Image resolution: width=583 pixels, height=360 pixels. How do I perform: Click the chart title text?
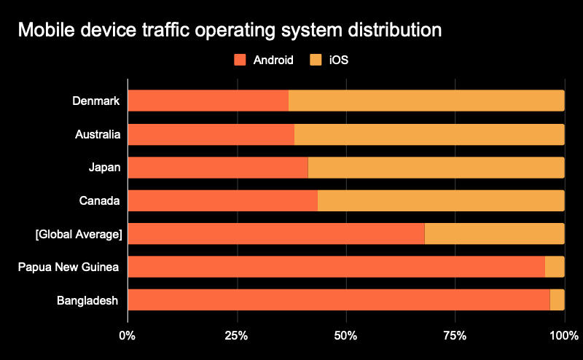click(x=229, y=31)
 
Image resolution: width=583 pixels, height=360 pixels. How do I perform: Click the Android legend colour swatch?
click(x=240, y=60)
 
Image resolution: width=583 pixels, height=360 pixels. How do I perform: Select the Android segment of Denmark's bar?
click(x=208, y=101)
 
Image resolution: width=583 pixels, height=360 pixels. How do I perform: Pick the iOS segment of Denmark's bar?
click(x=426, y=101)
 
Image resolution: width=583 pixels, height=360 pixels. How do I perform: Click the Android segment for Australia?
click(x=211, y=134)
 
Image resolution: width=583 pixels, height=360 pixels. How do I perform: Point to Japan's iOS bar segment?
click(x=436, y=168)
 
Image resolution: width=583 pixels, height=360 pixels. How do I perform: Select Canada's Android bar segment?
click(x=223, y=200)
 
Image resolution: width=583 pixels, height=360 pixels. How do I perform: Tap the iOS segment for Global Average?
click(x=494, y=233)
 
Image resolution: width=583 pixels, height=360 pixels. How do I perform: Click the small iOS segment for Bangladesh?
click(x=557, y=300)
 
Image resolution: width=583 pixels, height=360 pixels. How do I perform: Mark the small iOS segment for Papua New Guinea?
click(x=555, y=267)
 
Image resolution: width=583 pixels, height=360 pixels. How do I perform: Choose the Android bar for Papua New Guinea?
click(x=336, y=267)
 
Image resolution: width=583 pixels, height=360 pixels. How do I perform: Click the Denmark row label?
click(x=96, y=101)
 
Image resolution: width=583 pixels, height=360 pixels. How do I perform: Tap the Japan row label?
click(x=104, y=168)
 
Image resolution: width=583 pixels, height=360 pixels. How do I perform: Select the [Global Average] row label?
click(x=79, y=234)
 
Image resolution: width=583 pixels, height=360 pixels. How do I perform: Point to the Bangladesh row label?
click(x=87, y=300)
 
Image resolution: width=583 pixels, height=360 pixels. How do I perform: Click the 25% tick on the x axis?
click(x=237, y=336)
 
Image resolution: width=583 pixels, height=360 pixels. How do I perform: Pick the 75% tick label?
click(x=455, y=336)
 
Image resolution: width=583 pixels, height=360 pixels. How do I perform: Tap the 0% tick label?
click(x=128, y=336)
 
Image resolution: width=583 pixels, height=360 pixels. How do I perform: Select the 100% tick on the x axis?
click(x=563, y=336)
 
